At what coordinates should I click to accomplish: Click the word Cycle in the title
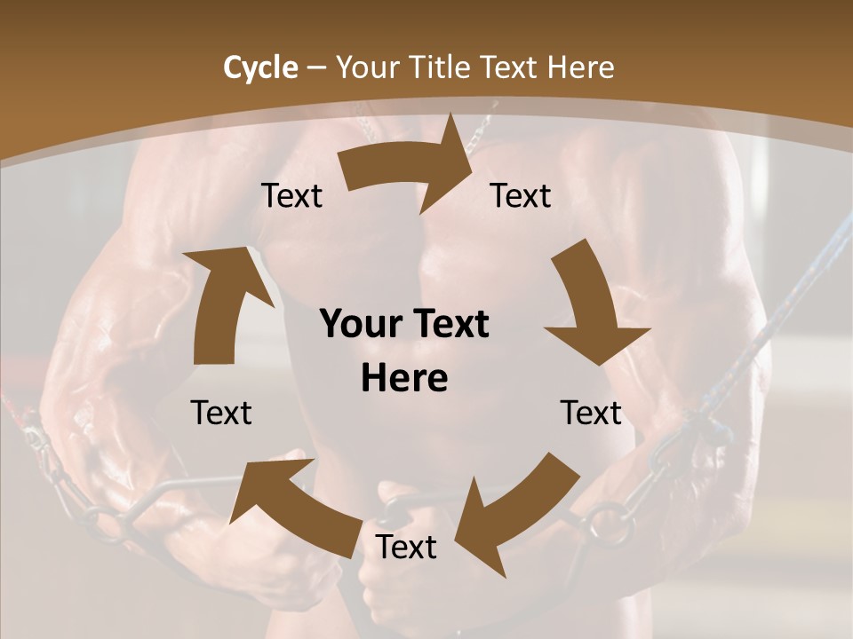260,67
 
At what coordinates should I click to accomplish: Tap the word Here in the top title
582,67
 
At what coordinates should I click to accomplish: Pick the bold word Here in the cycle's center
404,379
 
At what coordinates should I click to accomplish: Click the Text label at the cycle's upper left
291,196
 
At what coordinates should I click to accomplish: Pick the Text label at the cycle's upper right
521,196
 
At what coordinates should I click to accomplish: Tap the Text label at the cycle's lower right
591,413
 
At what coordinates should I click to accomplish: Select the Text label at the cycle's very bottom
406,547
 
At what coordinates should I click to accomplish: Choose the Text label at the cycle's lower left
221,413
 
